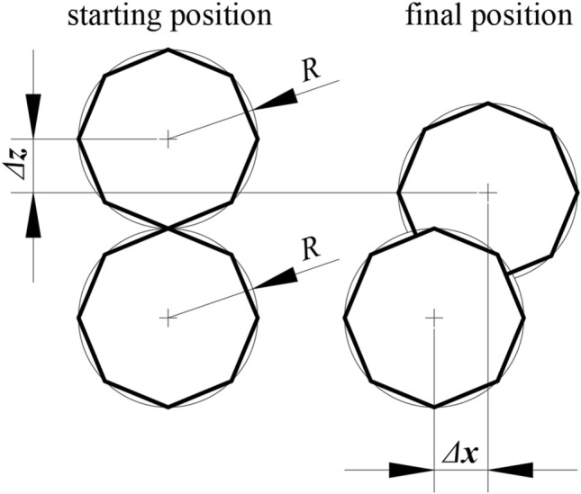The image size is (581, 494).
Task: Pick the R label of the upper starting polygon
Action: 310,71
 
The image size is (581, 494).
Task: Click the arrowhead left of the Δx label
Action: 410,469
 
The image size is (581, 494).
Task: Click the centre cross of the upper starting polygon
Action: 168,139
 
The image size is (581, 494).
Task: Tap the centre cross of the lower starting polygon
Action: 168,316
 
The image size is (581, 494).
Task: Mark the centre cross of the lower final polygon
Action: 434,316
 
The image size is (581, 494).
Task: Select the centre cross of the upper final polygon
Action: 487,192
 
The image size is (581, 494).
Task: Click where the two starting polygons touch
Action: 168,228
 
